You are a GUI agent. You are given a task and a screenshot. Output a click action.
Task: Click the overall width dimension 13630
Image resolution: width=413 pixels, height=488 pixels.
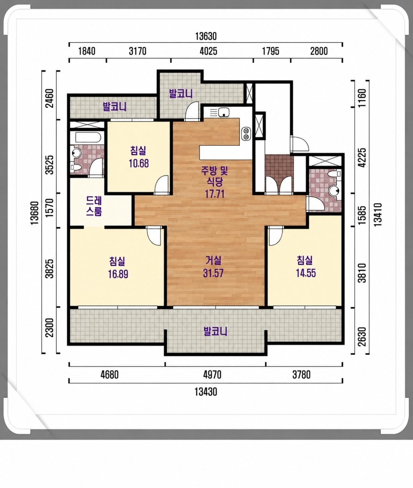(x=206, y=37)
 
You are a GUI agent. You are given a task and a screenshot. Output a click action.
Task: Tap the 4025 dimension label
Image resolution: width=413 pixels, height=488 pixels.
(x=208, y=51)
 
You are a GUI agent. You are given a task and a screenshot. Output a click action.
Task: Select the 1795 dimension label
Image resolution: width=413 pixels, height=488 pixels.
(x=271, y=51)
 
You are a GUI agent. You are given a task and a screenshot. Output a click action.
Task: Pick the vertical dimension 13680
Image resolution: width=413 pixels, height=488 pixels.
(x=35, y=213)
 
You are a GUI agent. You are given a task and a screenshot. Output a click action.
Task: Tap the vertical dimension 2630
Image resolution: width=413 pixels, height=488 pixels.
(x=362, y=337)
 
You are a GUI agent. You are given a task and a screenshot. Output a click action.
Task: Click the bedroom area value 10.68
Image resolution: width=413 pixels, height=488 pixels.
(x=139, y=163)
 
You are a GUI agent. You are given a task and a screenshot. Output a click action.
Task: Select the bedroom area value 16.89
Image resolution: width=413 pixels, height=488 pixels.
(x=118, y=274)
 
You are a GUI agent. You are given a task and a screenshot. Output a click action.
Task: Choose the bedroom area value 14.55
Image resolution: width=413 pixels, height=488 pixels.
(x=306, y=273)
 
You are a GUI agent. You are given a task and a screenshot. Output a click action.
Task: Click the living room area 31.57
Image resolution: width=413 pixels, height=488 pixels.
(x=213, y=273)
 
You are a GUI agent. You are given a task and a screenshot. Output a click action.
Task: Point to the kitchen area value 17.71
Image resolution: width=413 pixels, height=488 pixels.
(x=214, y=194)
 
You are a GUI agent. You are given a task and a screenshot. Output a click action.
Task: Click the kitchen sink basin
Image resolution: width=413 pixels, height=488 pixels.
(x=223, y=112)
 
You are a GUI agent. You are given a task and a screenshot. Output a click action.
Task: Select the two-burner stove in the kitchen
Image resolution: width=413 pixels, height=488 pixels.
(x=246, y=134)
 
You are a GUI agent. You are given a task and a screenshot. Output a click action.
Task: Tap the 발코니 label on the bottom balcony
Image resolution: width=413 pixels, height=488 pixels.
(x=215, y=331)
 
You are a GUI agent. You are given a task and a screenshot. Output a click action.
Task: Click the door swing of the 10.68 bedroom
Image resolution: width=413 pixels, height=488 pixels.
(x=162, y=185)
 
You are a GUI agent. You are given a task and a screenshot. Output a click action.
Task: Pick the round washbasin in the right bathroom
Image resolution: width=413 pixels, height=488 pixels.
(x=334, y=190)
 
